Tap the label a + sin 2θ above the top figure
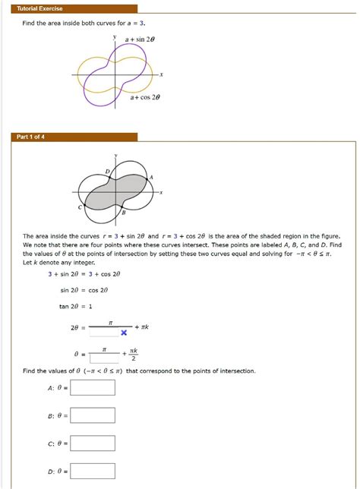pos(141,37)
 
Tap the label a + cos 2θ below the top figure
pos(147,98)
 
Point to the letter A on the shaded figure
pos(152,175)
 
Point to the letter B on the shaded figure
pos(124,214)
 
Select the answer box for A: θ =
pos(92,388)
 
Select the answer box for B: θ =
pos(92,415)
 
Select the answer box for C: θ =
pos(92,443)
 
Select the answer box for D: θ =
pos(92,471)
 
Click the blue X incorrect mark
pos(123,333)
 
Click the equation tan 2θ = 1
pos(75,306)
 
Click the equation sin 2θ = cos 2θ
pos(84,289)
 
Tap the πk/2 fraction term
pos(134,355)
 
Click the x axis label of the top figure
pos(161,74)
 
